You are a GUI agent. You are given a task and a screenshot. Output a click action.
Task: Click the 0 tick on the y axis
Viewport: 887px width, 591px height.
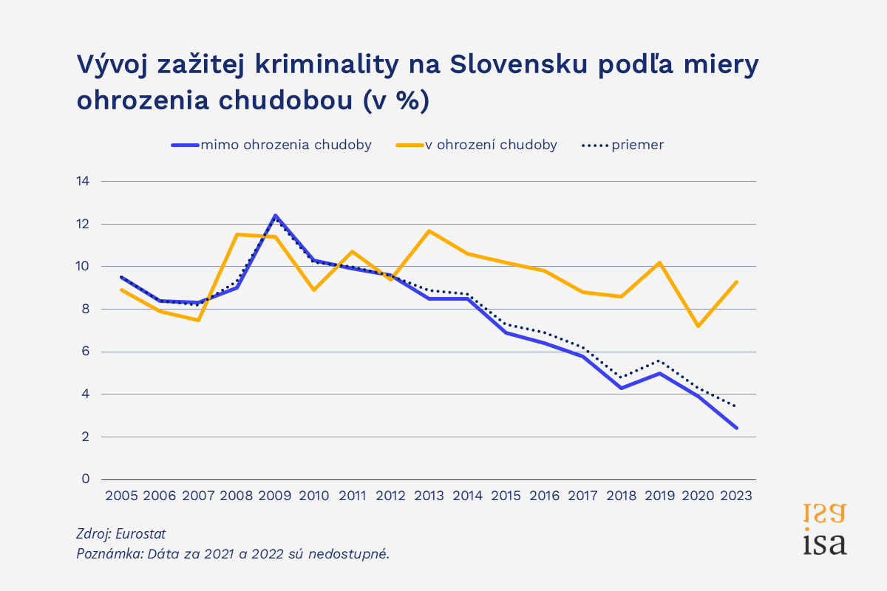point(86,479)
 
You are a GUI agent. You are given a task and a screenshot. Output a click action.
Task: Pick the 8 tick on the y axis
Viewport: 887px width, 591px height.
point(86,309)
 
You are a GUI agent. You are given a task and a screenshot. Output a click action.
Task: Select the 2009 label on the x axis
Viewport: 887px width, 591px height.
point(275,496)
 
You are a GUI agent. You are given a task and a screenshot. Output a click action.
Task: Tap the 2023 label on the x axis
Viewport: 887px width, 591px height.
point(736,496)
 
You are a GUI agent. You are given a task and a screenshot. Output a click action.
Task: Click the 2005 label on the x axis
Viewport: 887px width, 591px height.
point(121,496)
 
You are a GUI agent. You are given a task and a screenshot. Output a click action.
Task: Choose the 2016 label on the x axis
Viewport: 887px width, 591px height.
point(544,496)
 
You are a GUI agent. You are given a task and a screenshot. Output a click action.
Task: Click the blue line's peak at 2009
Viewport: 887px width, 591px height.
point(275,216)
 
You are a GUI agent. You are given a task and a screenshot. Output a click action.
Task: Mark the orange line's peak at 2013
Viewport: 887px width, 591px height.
point(429,230)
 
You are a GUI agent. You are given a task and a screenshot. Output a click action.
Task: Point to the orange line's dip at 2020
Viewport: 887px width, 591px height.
point(698,326)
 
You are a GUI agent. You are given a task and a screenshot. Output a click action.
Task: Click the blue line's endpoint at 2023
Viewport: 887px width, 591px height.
point(736,428)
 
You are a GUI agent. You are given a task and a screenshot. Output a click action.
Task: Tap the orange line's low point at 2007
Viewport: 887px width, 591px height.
point(198,320)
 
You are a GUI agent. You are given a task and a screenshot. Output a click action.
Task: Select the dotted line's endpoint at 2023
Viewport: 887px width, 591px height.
point(736,406)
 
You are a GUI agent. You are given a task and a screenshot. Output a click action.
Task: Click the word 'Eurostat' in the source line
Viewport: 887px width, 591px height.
point(142,533)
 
